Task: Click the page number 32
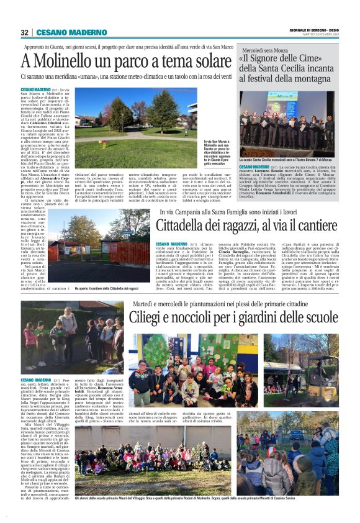coord(24,32)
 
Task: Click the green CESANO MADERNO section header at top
coord(63,32)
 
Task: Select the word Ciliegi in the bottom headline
coord(150,319)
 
